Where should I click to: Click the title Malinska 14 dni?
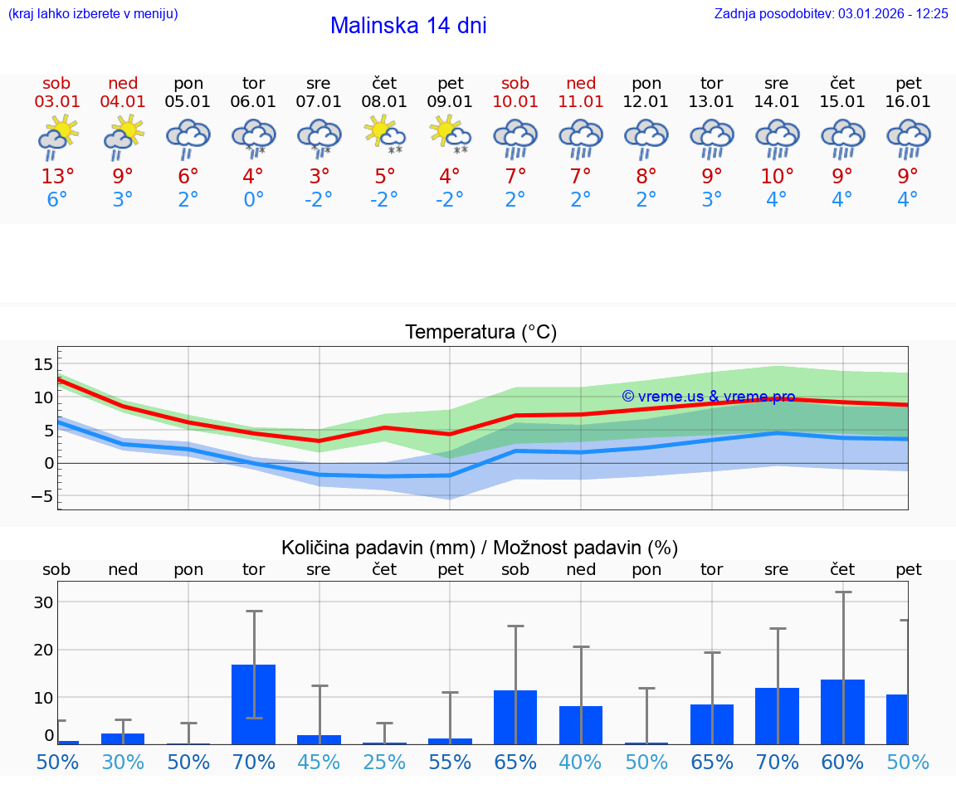click(408, 26)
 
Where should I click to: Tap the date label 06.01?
click(253, 102)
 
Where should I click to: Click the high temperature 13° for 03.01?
click(57, 177)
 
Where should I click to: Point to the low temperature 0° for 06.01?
click(253, 200)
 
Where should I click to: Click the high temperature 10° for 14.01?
click(777, 177)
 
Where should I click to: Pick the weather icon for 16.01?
click(908, 138)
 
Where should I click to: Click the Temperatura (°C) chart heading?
click(480, 333)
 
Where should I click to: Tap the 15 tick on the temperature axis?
click(43, 364)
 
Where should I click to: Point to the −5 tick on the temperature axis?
click(41, 496)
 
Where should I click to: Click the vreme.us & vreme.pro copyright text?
click(708, 397)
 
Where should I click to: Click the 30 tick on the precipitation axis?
click(43, 602)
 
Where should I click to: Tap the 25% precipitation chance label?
click(384, 762)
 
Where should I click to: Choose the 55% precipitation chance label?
click(450, 762)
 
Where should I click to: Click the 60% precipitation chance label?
click(842, 762)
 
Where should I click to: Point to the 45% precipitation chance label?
click(319, 762)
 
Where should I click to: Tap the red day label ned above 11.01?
click(581, 83)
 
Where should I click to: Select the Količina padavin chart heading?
click(480, 548)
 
